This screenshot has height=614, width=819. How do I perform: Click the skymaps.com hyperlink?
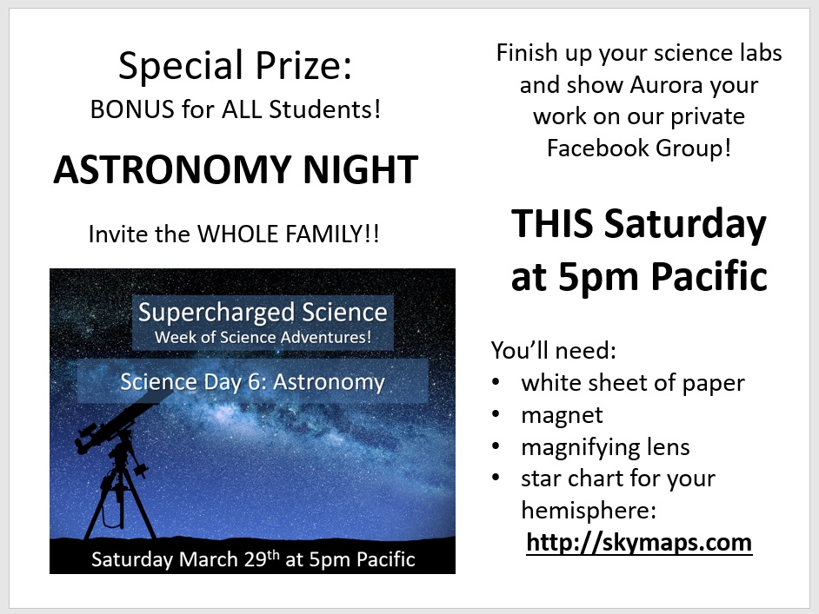click(x=639, y=543)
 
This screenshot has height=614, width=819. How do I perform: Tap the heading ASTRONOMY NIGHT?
click(x=236, y=169)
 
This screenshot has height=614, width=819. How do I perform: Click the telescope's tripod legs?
click(x=119, y=501)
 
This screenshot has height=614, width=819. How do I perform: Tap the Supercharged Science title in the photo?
click(x=263, y=313)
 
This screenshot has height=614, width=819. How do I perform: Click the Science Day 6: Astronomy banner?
click(x=253, y=381)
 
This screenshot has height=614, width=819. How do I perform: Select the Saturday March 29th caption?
click(x=253, y=558)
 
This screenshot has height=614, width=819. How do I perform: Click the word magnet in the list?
click(x=562, y=415)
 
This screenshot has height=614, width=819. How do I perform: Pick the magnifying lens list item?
click(x=605, y=447)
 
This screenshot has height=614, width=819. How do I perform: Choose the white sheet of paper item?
click(x=633, y=383)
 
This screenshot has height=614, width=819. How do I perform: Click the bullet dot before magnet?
click(x=496, y=414)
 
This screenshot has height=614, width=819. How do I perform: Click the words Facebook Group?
click(x=635, y=149)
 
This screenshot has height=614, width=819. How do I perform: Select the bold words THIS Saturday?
click(x=639, y=224)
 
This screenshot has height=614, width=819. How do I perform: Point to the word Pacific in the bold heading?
click(x=709, y=275)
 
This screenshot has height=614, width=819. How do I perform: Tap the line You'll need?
click(x=554, y=350)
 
